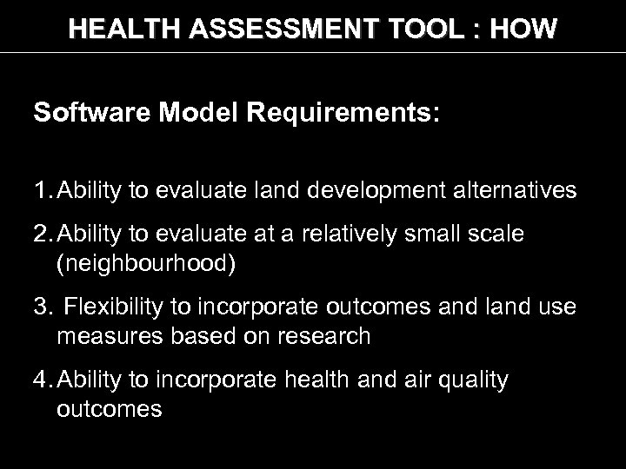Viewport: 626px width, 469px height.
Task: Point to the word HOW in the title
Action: tap(523, 30)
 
